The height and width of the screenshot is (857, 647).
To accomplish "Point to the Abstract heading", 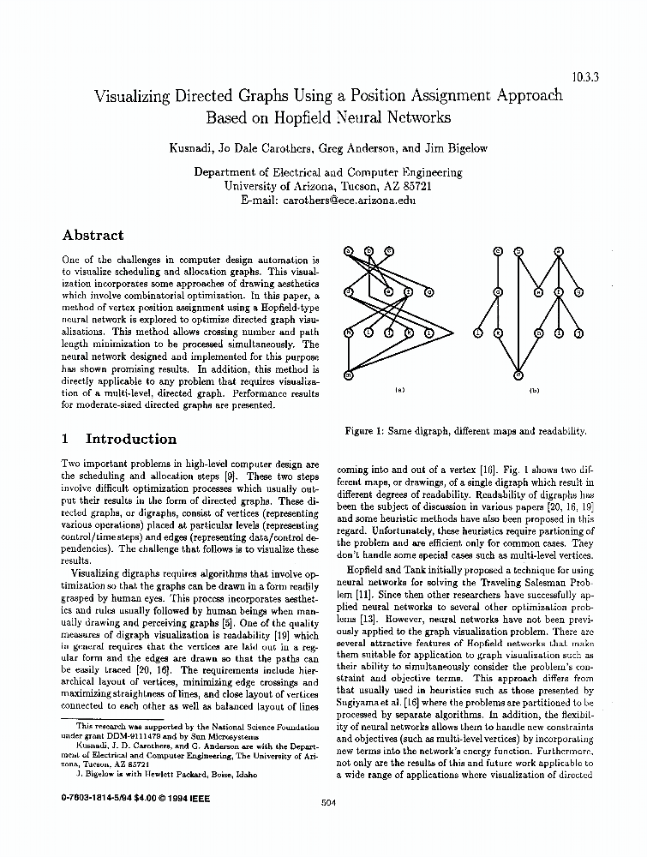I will pos(93,235).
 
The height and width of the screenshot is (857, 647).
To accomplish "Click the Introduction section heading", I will pos(130,439).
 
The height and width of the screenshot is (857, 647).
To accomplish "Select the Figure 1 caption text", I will pos(465,431).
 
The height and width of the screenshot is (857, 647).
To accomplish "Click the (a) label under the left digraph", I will pos(398,390).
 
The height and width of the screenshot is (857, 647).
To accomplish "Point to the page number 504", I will pos(326,802).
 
